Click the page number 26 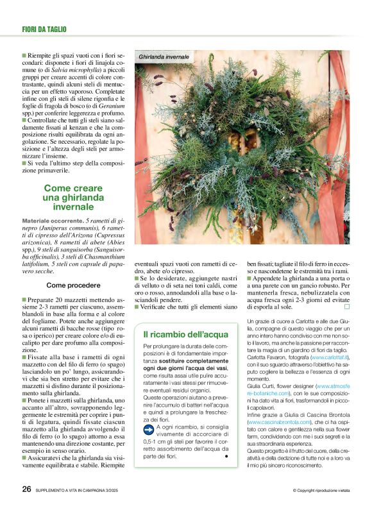pos(26,488)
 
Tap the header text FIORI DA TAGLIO pos(44,29)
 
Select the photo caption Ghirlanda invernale pos(164,58)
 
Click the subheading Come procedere pos(72,284)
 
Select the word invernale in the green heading pos(73,207)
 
